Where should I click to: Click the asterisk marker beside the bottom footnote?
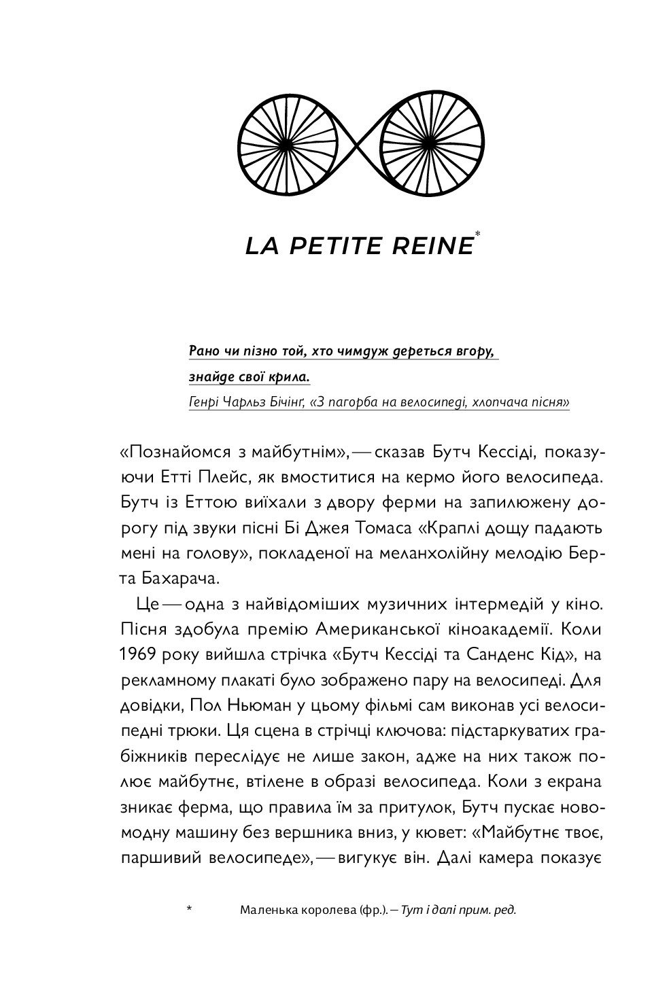point(189,909)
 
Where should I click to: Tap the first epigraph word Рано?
point(203,351)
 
